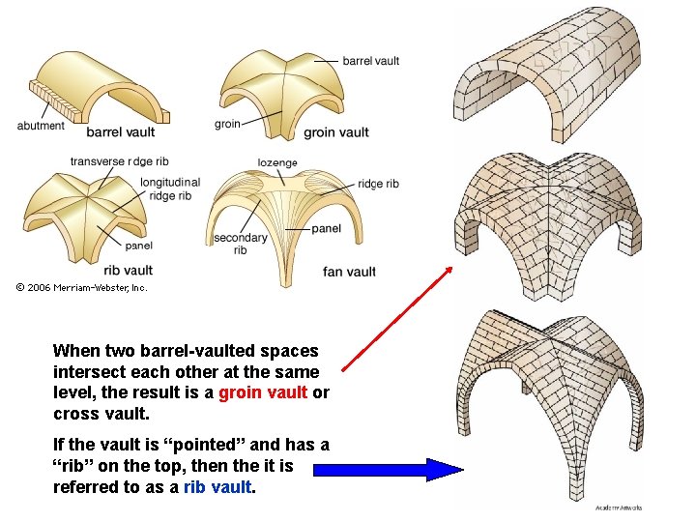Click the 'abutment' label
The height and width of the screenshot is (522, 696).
click(41, 125)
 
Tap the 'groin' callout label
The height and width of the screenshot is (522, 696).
click(227, 124)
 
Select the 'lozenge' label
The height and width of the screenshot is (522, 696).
click(277, 163)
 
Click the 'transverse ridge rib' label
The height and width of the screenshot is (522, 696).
click(119, 161)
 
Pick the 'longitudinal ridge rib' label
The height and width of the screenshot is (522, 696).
click(169, 188)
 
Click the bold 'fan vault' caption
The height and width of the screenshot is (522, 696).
click(349, 272)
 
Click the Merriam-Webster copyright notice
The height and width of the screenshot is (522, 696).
click(82, 287)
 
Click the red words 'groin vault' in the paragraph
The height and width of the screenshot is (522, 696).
click(263, 392)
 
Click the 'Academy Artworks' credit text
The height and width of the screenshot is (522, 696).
click(619, 507)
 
